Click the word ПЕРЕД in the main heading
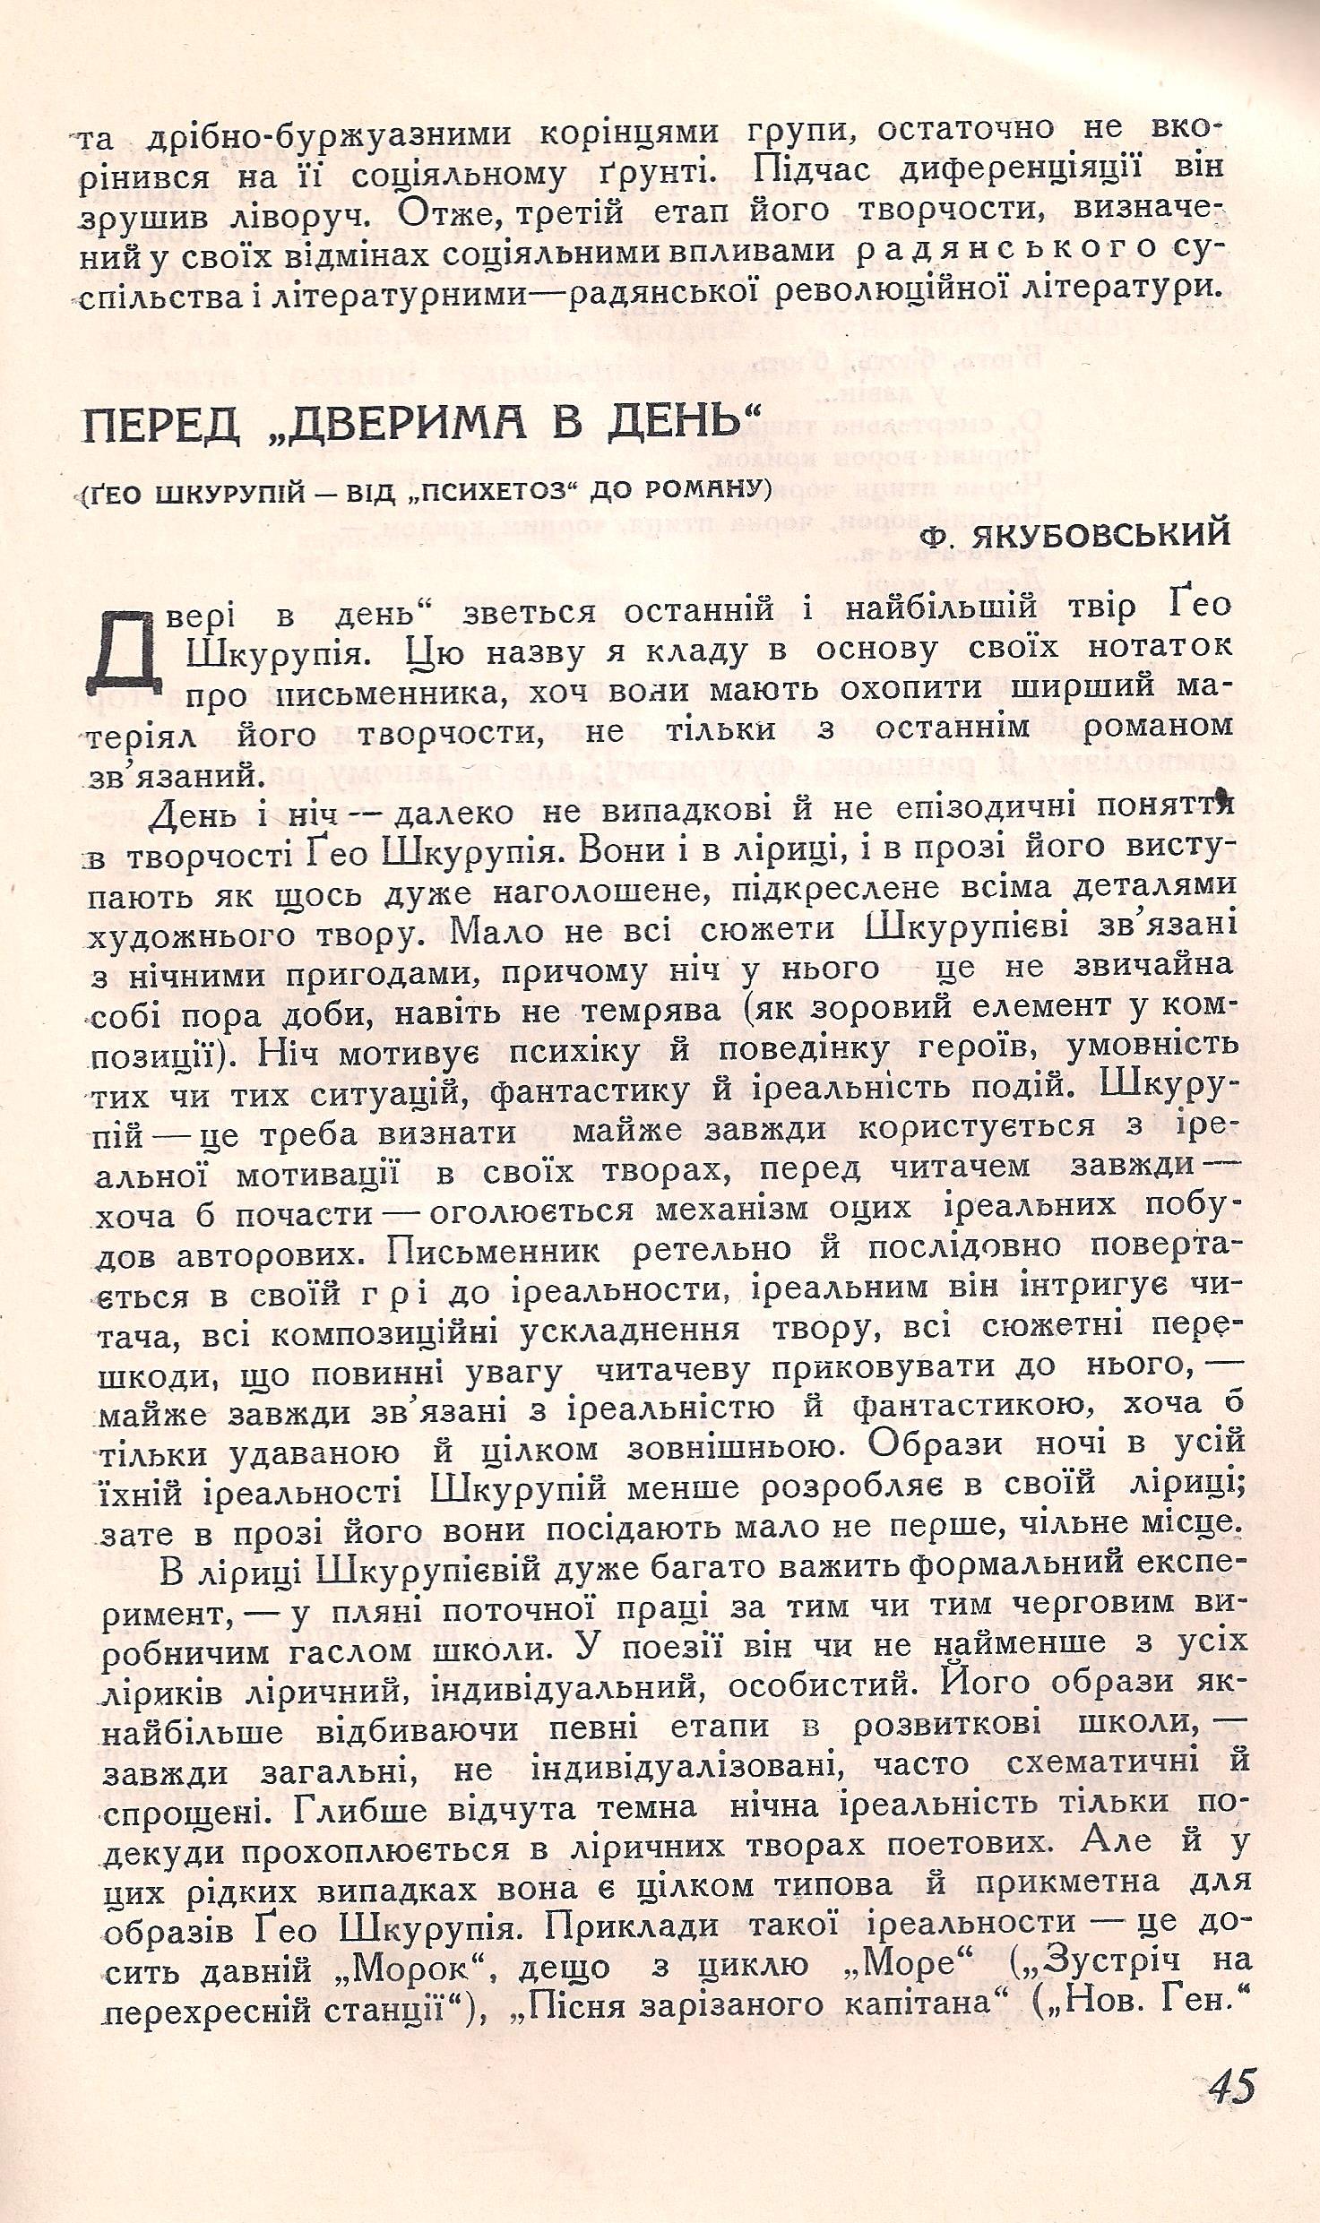click(161, 424)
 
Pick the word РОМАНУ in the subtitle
click(707, 491)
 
